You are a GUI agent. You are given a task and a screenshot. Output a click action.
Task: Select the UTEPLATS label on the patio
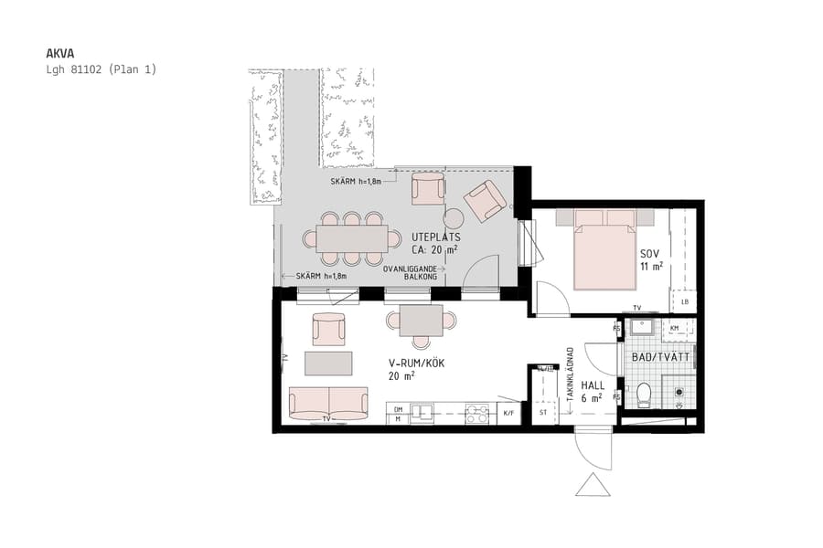pyautogui.click(x=436, y=237)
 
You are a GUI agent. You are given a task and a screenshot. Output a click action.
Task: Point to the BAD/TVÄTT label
pyautogui.click(x=660, y=357)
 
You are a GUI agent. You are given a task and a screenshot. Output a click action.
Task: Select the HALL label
pyautogui.click(x=593, y=385)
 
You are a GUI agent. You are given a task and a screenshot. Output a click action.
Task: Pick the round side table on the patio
pyautogui.click(x=454, y=218)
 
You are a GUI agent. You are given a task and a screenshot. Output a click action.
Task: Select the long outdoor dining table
pyautogui.click(x=352, y=238)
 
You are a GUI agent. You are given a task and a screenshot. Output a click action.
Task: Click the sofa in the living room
pyautogui.click(x=328, y=403)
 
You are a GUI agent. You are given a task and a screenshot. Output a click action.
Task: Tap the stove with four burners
pyautogui.click(x=477, y=414)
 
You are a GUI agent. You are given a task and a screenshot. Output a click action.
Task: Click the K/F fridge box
pyautogui.click(x=509, y=414)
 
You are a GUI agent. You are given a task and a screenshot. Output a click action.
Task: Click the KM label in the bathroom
pyautogui.click(x=675, y=327)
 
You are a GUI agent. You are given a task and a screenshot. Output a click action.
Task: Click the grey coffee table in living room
pyautogui.click(x=328, y=364)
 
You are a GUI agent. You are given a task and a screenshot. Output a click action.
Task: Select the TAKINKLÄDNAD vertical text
pyautogui.click(x=570, y=379)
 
